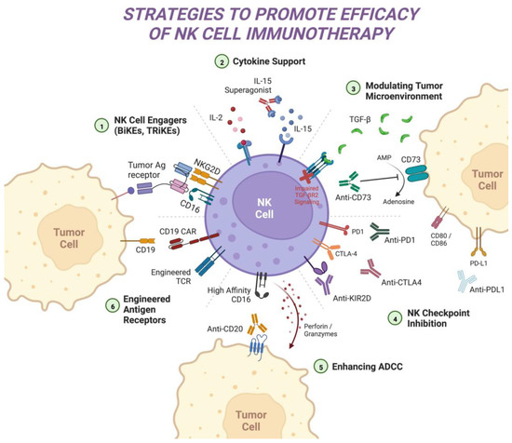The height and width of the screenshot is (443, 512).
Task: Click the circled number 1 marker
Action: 111,122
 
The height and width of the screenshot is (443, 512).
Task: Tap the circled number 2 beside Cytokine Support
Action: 220,63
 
